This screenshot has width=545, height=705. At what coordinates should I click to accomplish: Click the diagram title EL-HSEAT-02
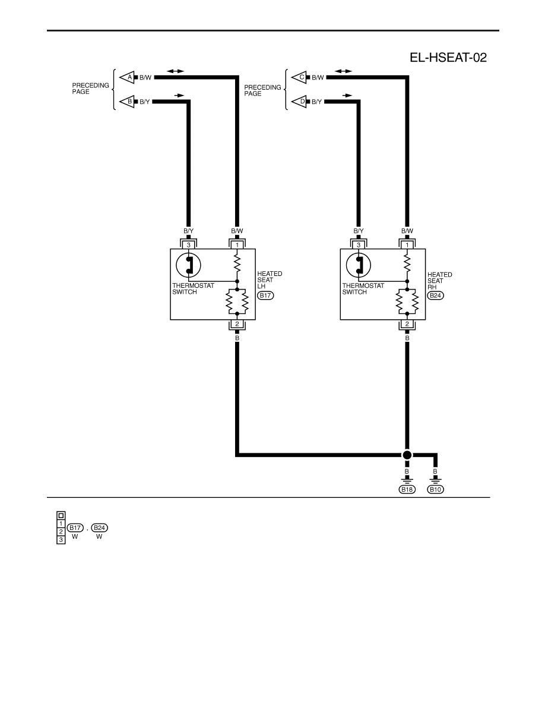(x=448, y=58)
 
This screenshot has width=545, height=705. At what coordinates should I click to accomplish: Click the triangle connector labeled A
(x=127, y=77)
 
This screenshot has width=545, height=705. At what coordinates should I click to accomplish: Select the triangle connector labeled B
(x=127, y=101)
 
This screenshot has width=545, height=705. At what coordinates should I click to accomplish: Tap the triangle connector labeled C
(x=299, y=77)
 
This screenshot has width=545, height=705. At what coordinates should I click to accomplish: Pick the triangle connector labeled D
(x=299, y=101)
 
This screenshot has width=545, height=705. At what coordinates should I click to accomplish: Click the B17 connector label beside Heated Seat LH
(x=265, y=296)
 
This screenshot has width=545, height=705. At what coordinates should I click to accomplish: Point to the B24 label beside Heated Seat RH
(x=435, y=296)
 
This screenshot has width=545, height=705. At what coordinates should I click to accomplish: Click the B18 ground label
(x=407, y=489)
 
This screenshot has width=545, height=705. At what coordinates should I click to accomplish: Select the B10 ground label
(x=435, y=489)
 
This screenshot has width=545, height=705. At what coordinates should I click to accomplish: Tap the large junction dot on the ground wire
(x=407, y=455)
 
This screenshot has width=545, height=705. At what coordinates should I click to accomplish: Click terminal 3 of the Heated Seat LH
(x=188, y=245)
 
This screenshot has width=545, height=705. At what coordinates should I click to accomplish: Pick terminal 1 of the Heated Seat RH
(x=407, y=245)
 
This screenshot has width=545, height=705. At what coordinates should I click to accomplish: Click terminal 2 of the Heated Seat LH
(x=237, y=324)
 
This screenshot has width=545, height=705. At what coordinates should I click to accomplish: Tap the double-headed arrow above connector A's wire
(x=175, y=71)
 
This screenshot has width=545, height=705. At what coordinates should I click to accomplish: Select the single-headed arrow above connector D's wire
(x=347, y=96)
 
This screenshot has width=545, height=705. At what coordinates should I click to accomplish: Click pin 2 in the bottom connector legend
(x=61, y=532)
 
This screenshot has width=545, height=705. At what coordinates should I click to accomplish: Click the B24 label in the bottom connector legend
(x=99, y=528)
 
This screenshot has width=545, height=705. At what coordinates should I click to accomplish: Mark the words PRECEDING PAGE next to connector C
(x=262, y=90)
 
